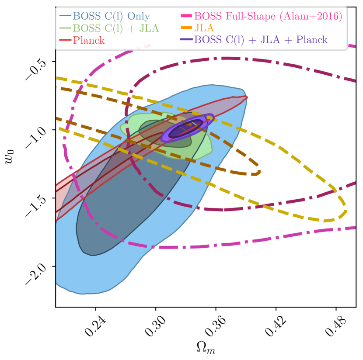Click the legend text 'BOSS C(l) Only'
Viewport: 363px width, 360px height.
pyautogui.click(x=111, y=17)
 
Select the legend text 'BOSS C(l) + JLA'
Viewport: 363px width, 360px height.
pyautogui.click(x=115, y=28)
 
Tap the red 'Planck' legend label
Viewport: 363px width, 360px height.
pyautogui.click(x=89, y=40)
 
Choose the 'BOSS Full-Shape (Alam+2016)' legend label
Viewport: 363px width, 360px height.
pyautogui.click(x=268, y=17)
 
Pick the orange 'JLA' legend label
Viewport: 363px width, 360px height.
pyautogui.click(x=203, y=28)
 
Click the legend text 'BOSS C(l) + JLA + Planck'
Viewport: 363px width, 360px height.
pyautogui.click(x=261, y=40)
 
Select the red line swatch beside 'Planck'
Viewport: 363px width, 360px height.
pyautogui.click(x=65, y=40)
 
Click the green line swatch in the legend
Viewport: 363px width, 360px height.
pyautogui.click(x=65, y=28)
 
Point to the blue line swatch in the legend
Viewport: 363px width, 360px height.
pyautogui.click(x=65, y=17)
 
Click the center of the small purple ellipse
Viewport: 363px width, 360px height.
pyautogui.click(x=187, y=128)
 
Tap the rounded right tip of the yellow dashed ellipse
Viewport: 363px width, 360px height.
pyautogui.click(x=346, y=212)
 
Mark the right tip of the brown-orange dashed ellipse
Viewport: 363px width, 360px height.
pyautogui.click(x=260, y=172)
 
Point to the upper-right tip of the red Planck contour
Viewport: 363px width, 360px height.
pyautogui.click(x=247, y=97)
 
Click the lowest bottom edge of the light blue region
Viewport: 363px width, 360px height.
pyautogui.click(x=83, y=293)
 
